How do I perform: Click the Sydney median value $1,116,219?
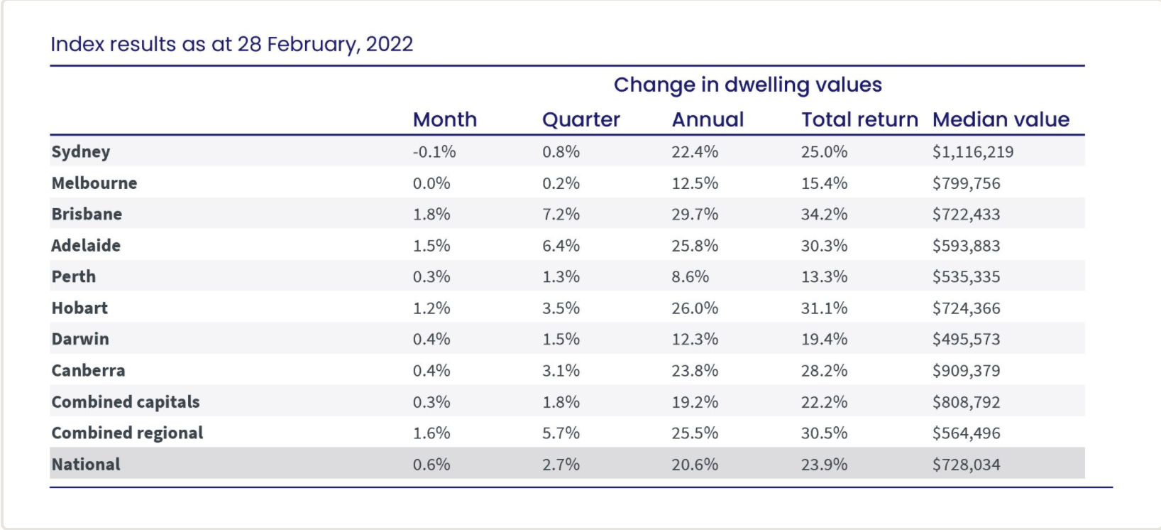point(972,152)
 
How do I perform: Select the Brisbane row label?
point(87,215)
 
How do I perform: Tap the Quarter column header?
point(580,119)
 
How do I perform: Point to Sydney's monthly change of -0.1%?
point(434,152)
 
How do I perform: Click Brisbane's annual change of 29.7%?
point(694,215)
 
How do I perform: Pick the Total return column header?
point(859,119)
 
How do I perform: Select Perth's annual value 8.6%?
point(690,277)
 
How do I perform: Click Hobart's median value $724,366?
point(966,308)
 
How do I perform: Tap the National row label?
point(86,465)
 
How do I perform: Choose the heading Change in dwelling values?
point(747,85)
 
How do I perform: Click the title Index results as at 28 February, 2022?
point(231,44)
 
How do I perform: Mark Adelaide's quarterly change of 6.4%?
point(561,246)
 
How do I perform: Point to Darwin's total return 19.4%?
point(824,340)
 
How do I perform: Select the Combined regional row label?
point(127,433)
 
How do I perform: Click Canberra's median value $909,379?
point(966,371)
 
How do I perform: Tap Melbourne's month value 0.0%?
point(431,183)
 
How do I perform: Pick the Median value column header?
point(1001,119)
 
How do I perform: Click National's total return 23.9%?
point(824,465)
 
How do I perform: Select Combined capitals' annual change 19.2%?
point(694,402)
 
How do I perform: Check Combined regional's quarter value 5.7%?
point(561,433)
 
